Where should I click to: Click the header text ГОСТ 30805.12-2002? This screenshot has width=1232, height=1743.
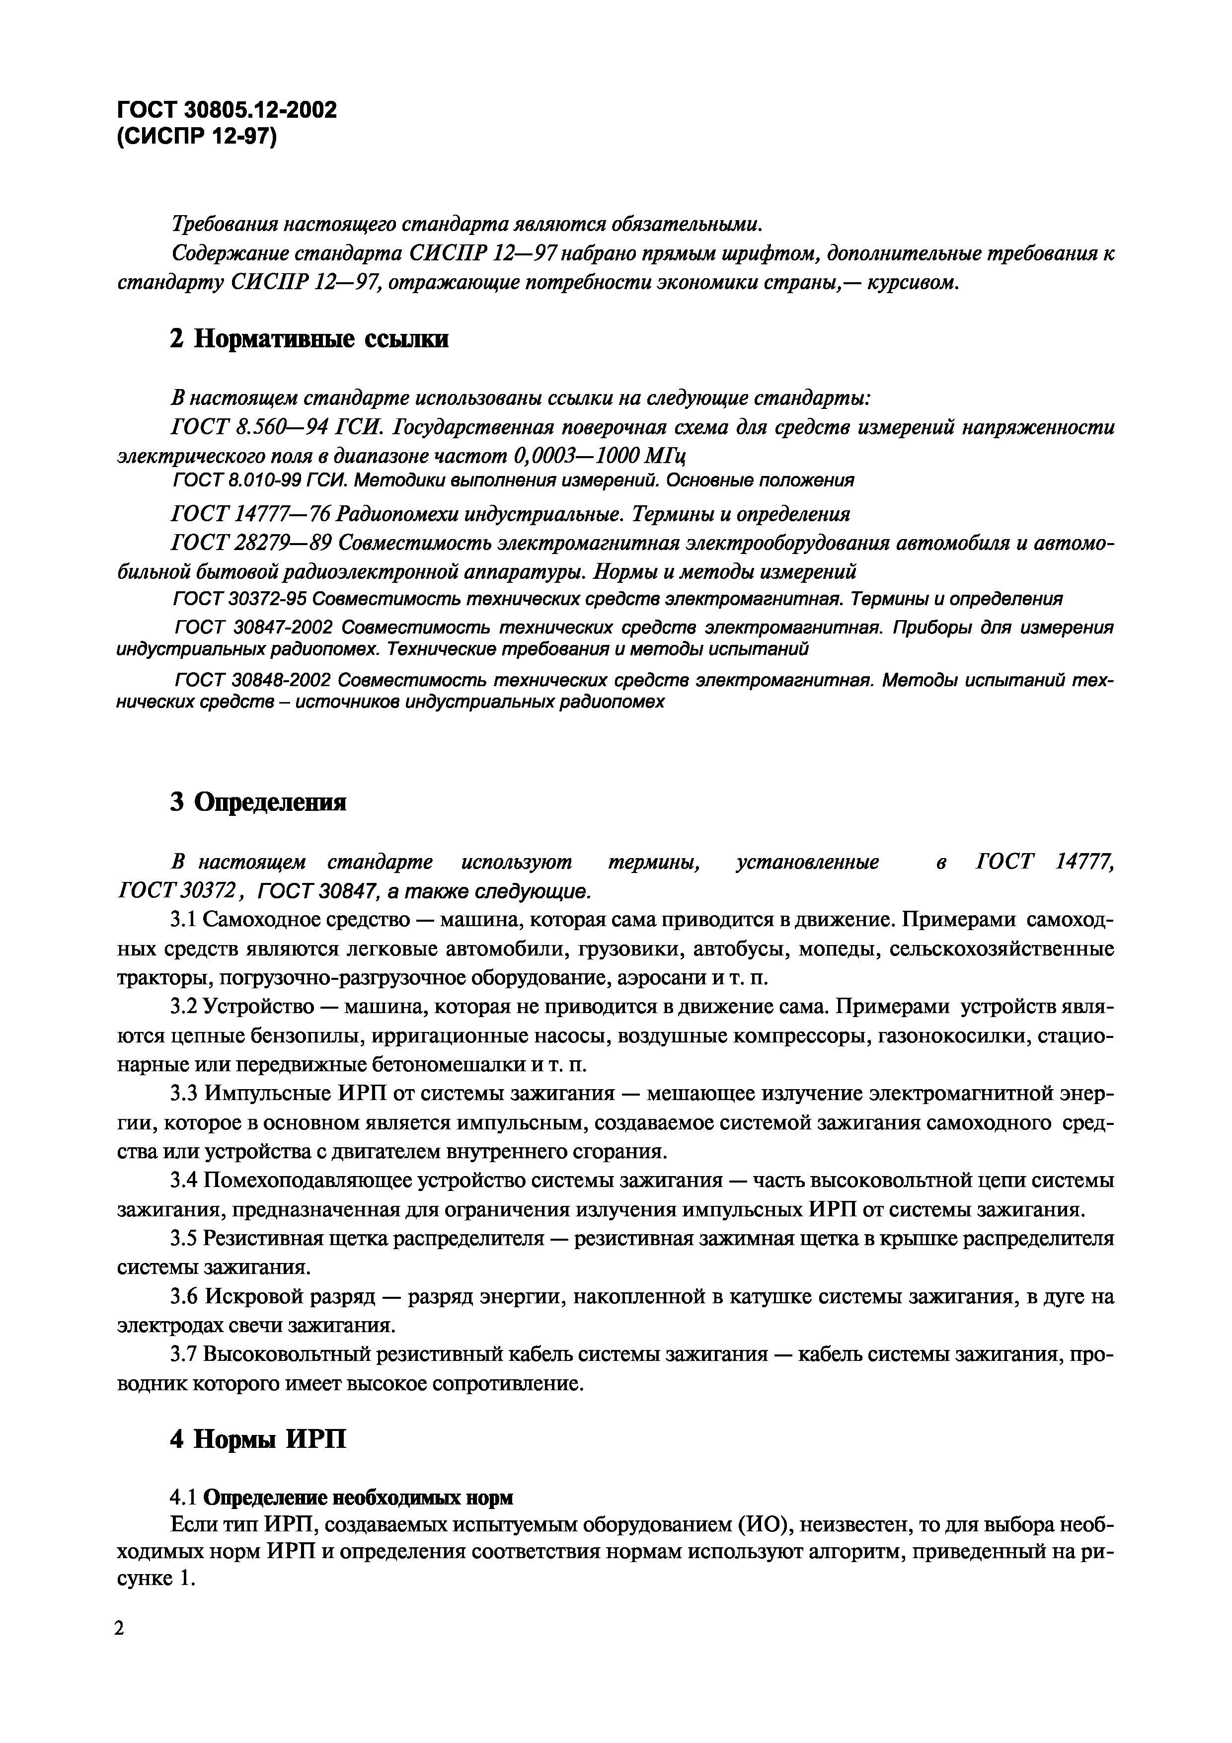tap(226, 111)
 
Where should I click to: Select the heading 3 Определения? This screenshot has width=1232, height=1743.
tap(258, 801)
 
